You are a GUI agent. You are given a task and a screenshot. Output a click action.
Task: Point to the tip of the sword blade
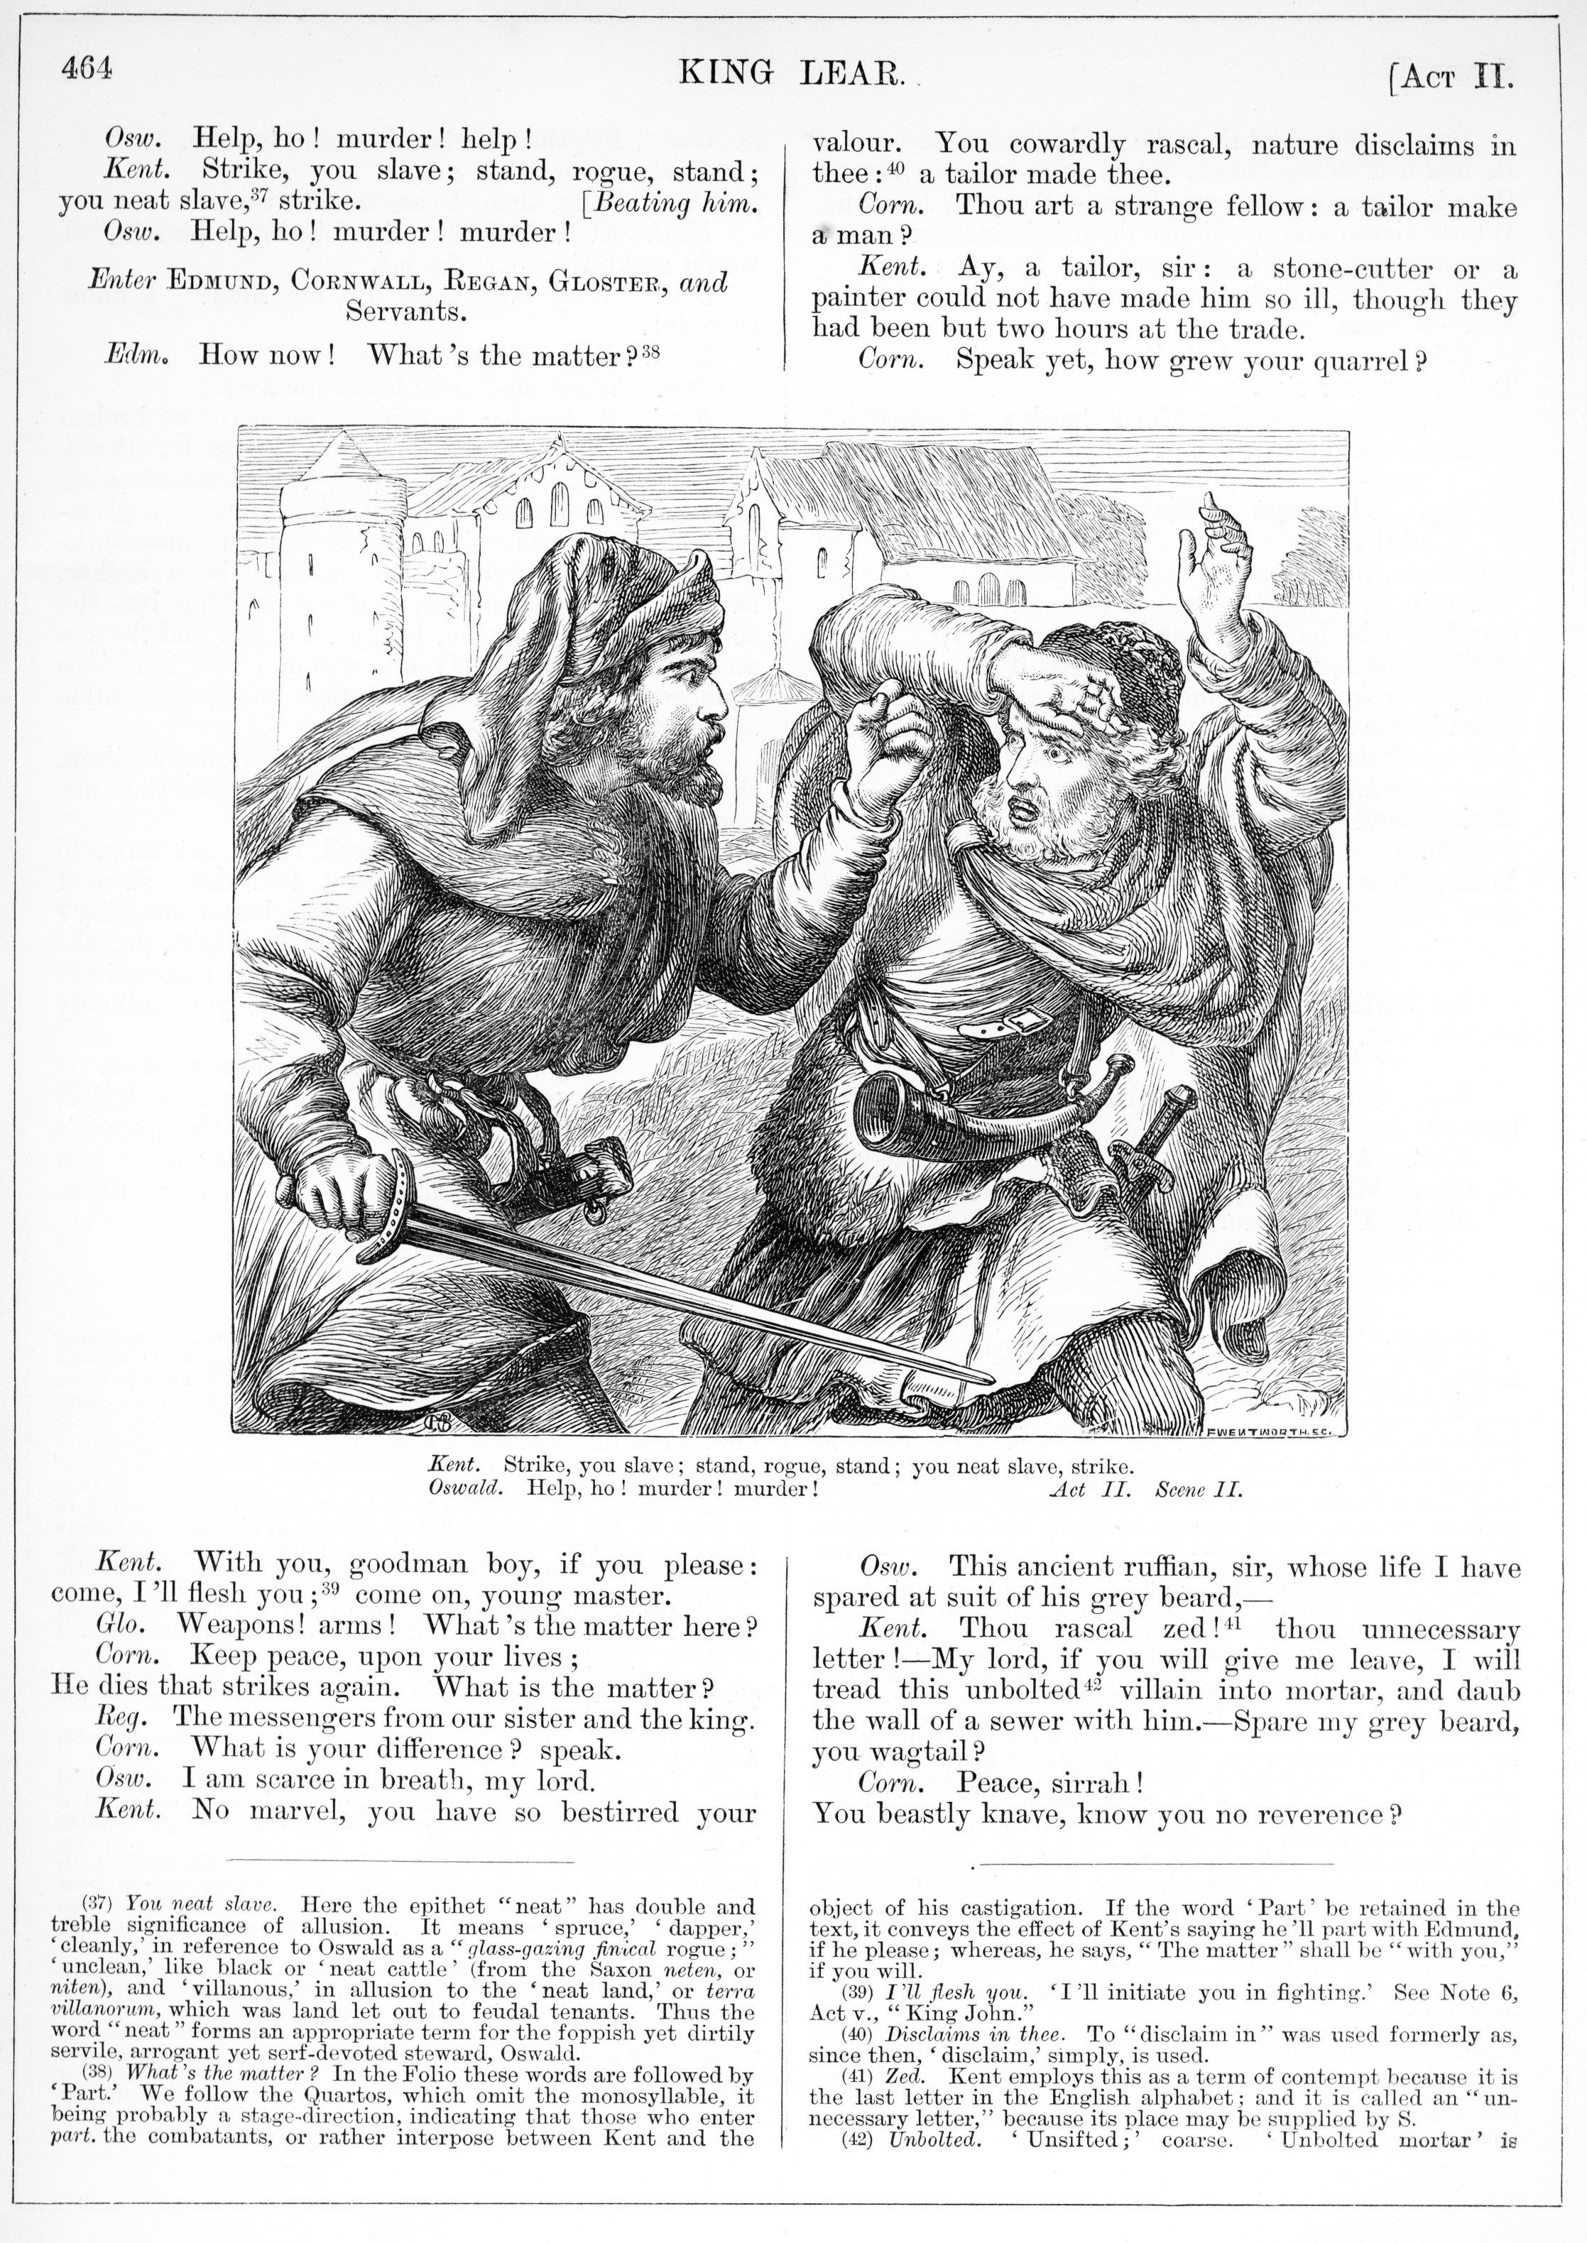[987, 1378]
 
